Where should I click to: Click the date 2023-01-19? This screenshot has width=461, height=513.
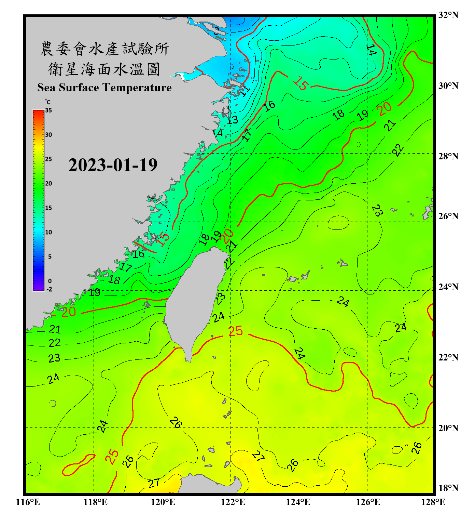pyautogui.click(x=113, y=165)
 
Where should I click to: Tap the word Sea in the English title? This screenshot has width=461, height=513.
pyautogui.click(x=47, y=88)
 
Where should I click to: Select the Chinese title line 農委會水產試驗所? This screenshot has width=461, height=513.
pyautogui.click(x=104, y=49)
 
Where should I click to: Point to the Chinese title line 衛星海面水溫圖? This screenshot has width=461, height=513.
pyautogui.click(x=104, y=69)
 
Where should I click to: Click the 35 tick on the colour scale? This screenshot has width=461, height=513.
pyautogui.click(x=48, y=110)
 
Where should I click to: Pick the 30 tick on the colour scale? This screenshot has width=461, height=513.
pyautogui.click(x=48, y=135)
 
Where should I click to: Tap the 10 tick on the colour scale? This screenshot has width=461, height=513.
pyautogui.click(x=48, y=232)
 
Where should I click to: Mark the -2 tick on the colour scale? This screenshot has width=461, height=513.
pyautogui.click(x=49, y=289)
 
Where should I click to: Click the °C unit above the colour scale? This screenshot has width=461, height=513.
pyautogui.click(x=48, y=102)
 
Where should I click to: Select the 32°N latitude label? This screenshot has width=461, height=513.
pyautogui.click(x=448, y=15)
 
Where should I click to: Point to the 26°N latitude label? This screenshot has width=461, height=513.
pyautogui.click(x=448, y=216)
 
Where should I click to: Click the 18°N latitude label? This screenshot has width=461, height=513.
pyautogui.click(x=448, y=488)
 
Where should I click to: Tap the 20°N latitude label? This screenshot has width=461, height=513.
pyautogui.click(x=448, y=428)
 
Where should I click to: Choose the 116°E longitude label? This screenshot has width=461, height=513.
pyautogui.click(x=28, y=502)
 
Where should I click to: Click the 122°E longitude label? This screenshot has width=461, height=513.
pyautogui.click(x=233, y=502)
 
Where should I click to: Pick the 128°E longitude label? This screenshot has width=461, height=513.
pyautogui.click(x=433, y=502)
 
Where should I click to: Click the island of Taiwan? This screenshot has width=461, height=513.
pyautogui.click(x=195, y=301)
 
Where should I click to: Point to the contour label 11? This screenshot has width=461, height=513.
pyautogui.click(x=245, y=91)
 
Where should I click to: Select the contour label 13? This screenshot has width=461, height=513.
pyautogui.click(x=232, y=120)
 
